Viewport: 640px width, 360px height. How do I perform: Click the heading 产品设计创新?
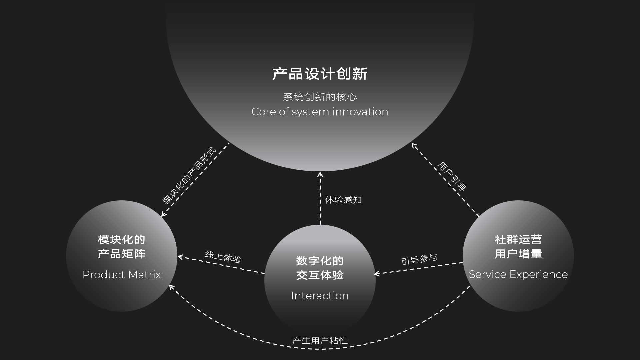point(320,74)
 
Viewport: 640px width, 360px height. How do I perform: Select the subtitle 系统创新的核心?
point(320,97)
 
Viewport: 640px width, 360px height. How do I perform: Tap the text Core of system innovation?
point(320,112)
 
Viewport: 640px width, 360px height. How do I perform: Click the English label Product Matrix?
point(122,275)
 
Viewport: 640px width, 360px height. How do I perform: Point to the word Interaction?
point(320,296)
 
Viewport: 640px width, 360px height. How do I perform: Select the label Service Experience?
point(518,274)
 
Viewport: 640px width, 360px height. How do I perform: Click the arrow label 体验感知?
point(343,200)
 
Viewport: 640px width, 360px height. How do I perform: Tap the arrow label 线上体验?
point(223,257)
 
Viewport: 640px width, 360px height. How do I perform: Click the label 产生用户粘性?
point(320,341)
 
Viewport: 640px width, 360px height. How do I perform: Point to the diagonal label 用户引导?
point(452,176)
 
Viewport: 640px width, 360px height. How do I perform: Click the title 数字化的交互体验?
point(320,268)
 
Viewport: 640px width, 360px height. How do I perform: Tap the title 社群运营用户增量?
point(518,247)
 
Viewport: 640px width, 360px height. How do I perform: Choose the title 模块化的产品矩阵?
point(122,247)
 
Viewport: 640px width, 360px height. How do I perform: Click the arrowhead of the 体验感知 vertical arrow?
point(320,174)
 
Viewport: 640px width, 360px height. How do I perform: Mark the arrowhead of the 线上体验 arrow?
point(180,257)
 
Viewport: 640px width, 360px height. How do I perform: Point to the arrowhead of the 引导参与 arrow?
point(377,274)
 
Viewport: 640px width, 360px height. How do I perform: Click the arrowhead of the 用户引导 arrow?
point(414,145)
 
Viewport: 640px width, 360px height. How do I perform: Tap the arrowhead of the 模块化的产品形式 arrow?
point(163,214)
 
